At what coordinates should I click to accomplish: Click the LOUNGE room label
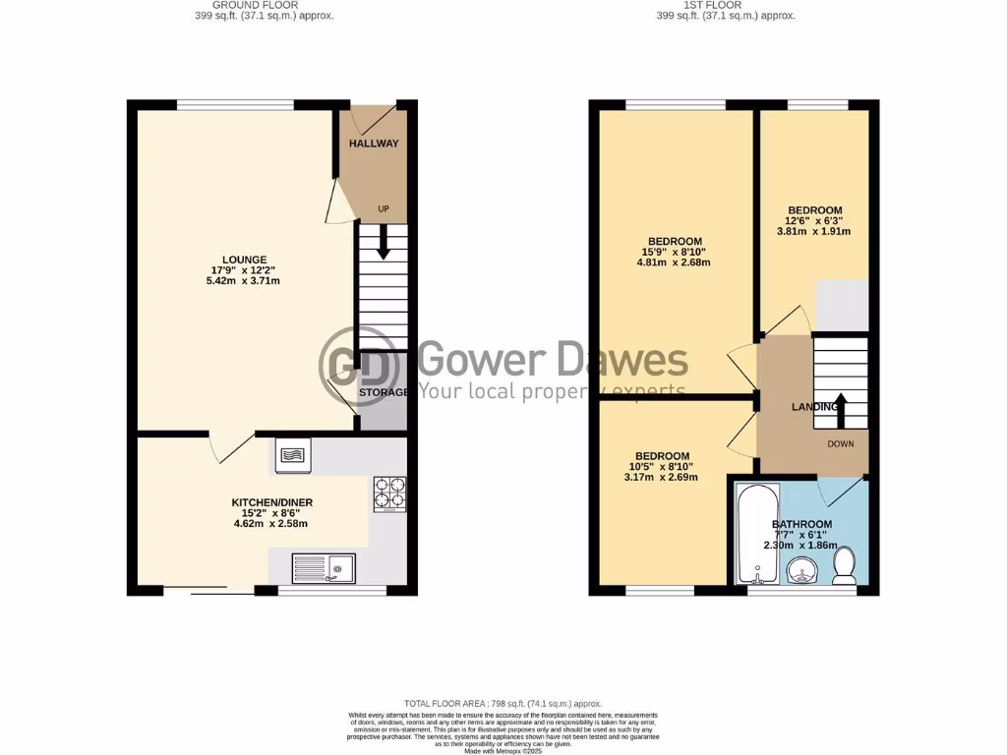(x=243, y=260)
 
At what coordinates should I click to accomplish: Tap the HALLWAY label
(x=374, y=144)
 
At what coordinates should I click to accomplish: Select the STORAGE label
(x=384, y=393)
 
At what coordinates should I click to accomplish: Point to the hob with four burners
(x=390, y=494)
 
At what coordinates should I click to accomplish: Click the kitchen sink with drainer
(x=325, y=567)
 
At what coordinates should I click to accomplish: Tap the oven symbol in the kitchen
(x=293, y=453)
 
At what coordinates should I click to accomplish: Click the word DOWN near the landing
(x=841, y=443)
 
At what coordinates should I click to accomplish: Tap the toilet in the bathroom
(x=844, y=565)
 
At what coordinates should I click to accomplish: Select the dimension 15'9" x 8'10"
(x=675, y=252)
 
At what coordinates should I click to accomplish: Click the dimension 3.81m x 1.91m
(x=814, y=232)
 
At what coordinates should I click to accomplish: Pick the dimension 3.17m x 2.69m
(x=661, y=478)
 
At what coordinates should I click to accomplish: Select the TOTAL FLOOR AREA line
(x=503, y=704)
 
